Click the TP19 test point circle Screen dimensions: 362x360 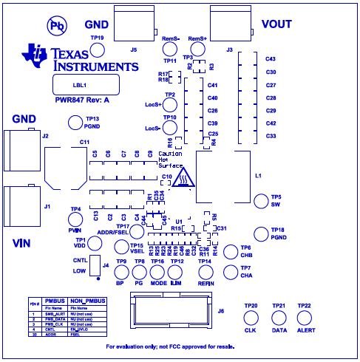96,49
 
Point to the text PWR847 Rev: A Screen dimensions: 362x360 82,99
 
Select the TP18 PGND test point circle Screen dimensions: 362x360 260,233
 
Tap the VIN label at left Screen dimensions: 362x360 23,242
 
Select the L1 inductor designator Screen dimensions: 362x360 257,177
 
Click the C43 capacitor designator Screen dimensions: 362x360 271,59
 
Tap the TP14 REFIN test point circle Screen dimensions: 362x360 206,270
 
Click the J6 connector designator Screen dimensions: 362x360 220,311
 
